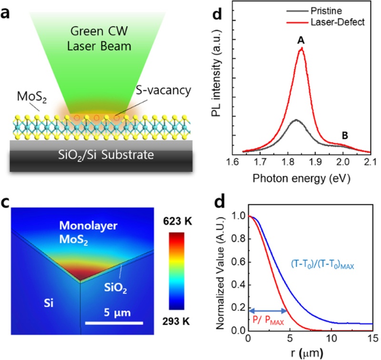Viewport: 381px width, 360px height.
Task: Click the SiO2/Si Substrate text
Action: (89, 154)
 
